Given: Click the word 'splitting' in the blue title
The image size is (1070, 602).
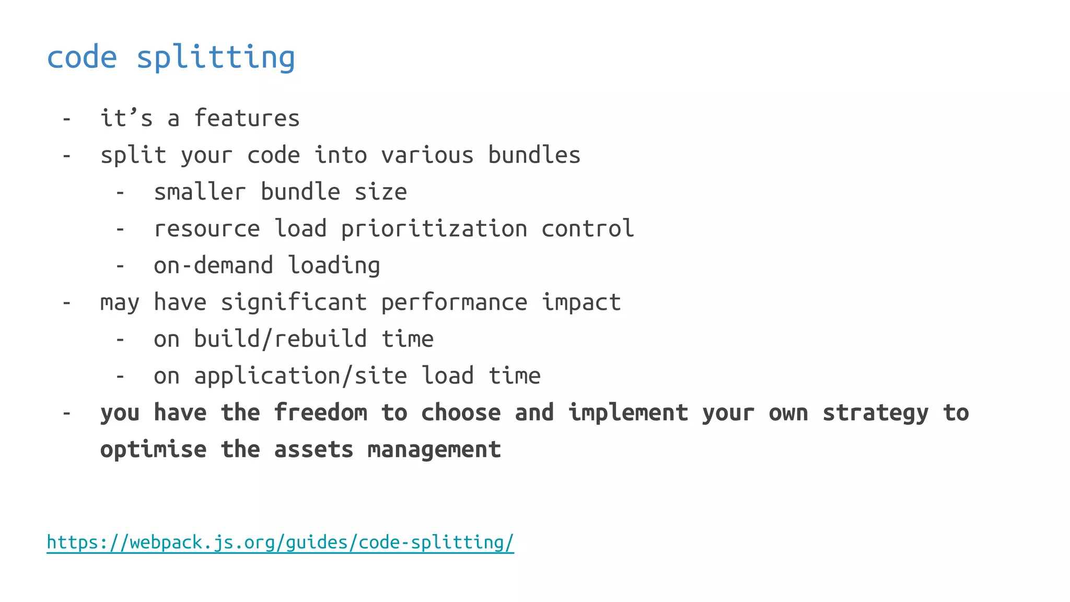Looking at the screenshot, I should click(216, 57).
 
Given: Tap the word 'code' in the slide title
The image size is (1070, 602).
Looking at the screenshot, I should click(82, 57).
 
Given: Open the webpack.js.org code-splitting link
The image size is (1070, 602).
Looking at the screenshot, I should click(280, 542).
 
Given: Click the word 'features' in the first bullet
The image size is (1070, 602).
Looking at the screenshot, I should click(247, 119).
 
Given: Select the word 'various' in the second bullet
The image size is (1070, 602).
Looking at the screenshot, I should click(427, 155).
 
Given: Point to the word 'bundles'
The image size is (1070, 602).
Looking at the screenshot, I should click(534, 155).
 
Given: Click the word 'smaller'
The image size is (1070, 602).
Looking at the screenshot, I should click(200, 192).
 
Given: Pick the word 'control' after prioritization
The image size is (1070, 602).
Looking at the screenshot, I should click(587, 229).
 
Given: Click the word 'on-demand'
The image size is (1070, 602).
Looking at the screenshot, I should click(213, 265).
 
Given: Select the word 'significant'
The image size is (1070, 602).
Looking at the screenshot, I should click(294, 303).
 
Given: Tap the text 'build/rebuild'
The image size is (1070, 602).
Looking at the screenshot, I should click(280, 339).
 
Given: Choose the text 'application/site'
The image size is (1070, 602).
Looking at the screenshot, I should click(300, 376).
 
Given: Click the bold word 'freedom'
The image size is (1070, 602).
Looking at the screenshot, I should click(320, 413).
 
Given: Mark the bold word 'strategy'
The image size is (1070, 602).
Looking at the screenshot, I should click(876, 413).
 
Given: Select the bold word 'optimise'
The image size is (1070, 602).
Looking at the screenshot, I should click(153, 450).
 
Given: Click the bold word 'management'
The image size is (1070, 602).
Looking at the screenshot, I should click(434, 450).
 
